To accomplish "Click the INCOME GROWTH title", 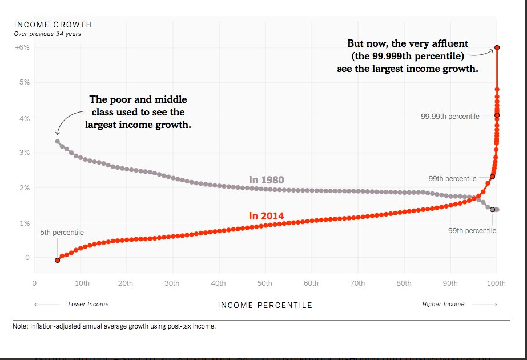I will (53, 25).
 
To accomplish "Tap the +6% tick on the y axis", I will (22, 47).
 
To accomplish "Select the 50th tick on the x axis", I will (264, 283).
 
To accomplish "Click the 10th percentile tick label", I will (82, 283).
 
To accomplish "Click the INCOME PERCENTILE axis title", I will (265, 305).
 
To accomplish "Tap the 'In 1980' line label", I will (267, 180).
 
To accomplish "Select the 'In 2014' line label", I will (266, 216).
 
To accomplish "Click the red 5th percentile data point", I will (57, 260).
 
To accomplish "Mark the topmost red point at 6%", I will (497, 47).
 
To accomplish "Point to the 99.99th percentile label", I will (450, 117).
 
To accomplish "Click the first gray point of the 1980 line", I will (57, 141).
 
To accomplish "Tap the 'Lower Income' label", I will (88, 304).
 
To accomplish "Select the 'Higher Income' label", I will (443, 304).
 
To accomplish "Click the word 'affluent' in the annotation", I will (449, 43).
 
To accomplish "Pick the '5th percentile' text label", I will (62, 233).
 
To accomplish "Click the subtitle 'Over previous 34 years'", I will (47, 34).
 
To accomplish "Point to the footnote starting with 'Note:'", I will (114, 327).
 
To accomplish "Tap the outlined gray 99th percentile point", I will (493, 209).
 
